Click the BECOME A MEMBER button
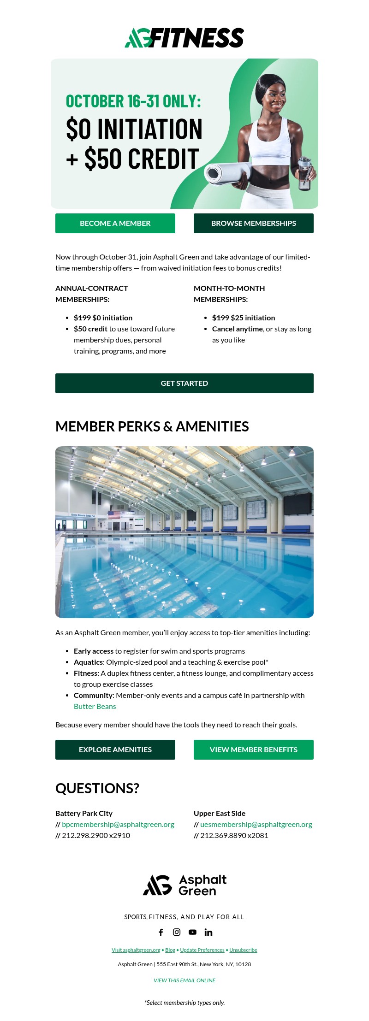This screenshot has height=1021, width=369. coord(115,223)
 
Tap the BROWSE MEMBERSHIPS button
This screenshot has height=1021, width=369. coord(254,223)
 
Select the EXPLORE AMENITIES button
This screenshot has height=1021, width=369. coord(115,750)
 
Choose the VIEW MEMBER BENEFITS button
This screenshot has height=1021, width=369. coord(254,750)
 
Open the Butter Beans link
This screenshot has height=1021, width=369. coord(95,706)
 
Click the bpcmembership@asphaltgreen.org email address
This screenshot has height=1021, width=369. coord(118,824)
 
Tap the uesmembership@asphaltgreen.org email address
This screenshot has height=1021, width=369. coord(256,824)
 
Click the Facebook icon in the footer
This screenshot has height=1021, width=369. coord(161,932)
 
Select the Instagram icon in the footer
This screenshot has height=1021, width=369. coord(177,932)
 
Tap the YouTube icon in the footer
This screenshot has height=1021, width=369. coord(193,932)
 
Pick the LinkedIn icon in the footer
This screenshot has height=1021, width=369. coord(208,932)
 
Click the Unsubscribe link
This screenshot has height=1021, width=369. coord(243,950)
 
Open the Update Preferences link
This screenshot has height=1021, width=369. coord(202,950)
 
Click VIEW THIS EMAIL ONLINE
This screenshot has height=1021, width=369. coord(184,980)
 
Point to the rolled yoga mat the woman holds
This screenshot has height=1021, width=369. coord(226,173)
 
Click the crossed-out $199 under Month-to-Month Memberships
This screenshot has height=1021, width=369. coord(220,318)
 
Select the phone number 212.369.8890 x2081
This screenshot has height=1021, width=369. coord(234,835)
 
